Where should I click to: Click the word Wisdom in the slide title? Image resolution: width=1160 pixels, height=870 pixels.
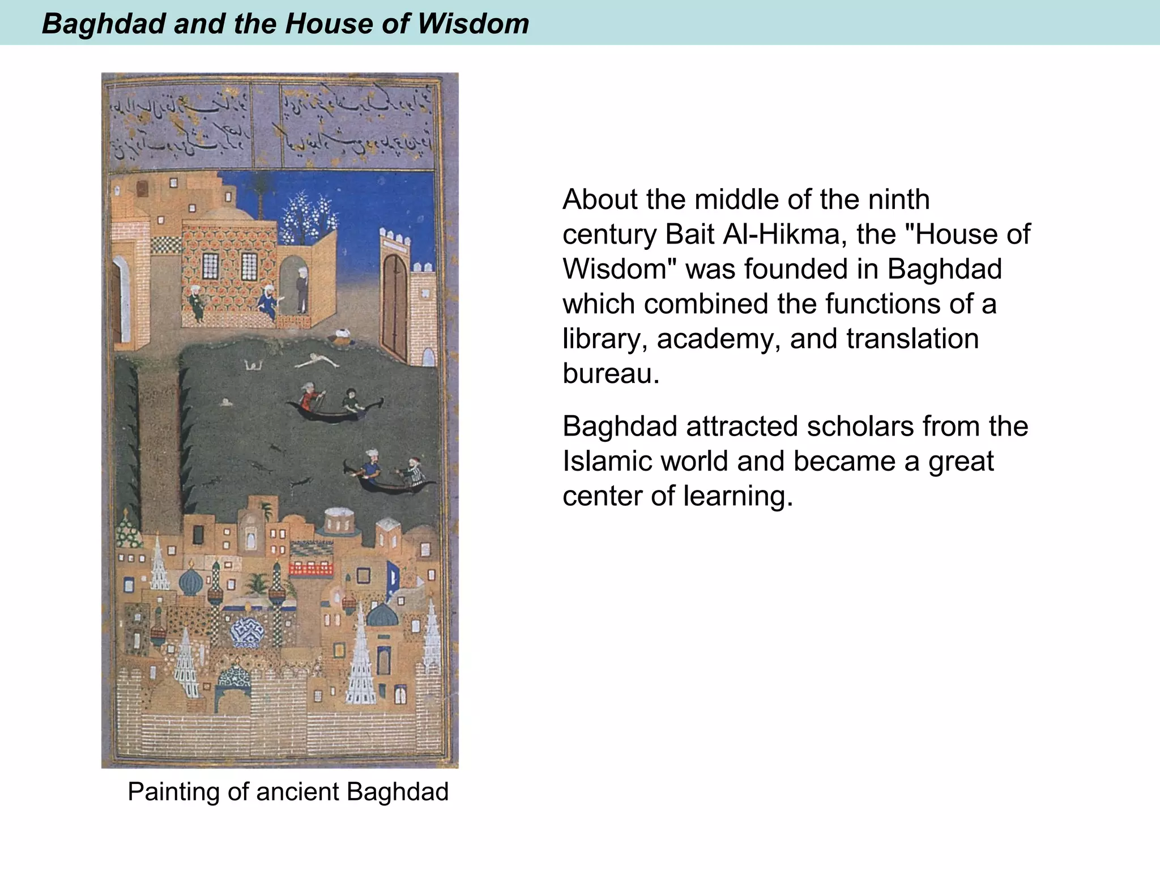coord(473,24)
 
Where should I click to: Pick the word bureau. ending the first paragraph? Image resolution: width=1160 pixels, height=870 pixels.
coord(611,374)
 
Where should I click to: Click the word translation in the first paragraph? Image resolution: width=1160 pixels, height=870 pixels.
coord(912,339)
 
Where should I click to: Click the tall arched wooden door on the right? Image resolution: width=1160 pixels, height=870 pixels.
coord(395,303)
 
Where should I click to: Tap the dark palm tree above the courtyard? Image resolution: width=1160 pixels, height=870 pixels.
coord(261,193)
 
